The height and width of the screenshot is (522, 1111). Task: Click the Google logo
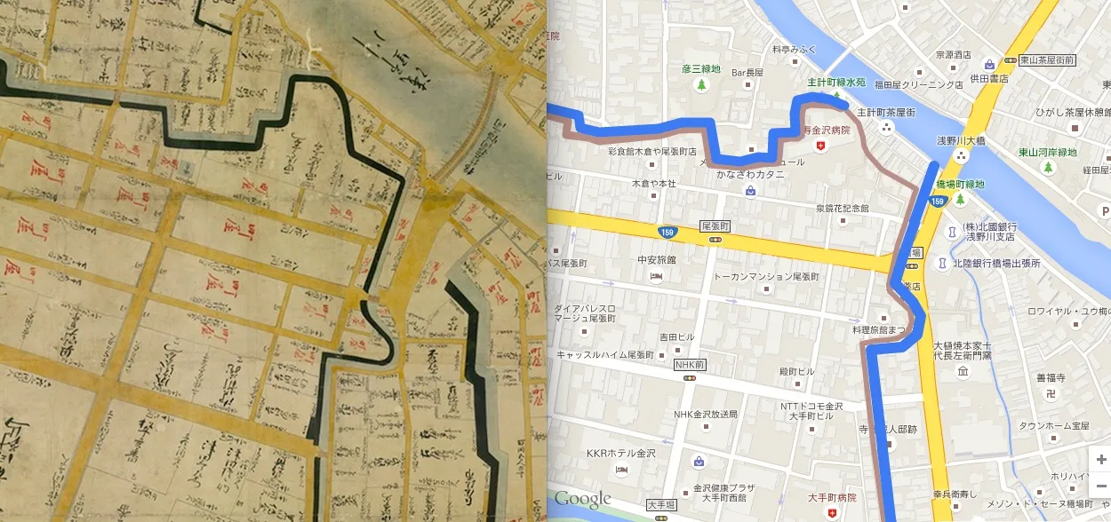583,498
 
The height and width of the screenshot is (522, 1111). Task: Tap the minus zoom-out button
1101,486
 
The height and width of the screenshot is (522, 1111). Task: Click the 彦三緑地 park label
701,67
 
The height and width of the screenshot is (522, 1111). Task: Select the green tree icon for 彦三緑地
701,85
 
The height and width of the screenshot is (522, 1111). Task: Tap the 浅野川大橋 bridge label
961,139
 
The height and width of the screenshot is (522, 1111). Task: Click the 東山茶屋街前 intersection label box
1045,59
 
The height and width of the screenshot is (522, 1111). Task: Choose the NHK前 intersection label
689,365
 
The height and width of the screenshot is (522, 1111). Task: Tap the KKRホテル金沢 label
620,453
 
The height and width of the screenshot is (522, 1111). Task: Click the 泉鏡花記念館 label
842,208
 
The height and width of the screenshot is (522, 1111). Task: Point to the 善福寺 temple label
1050,377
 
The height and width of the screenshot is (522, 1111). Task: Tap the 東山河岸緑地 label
1049,152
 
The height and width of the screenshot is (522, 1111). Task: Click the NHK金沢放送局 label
706,414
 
